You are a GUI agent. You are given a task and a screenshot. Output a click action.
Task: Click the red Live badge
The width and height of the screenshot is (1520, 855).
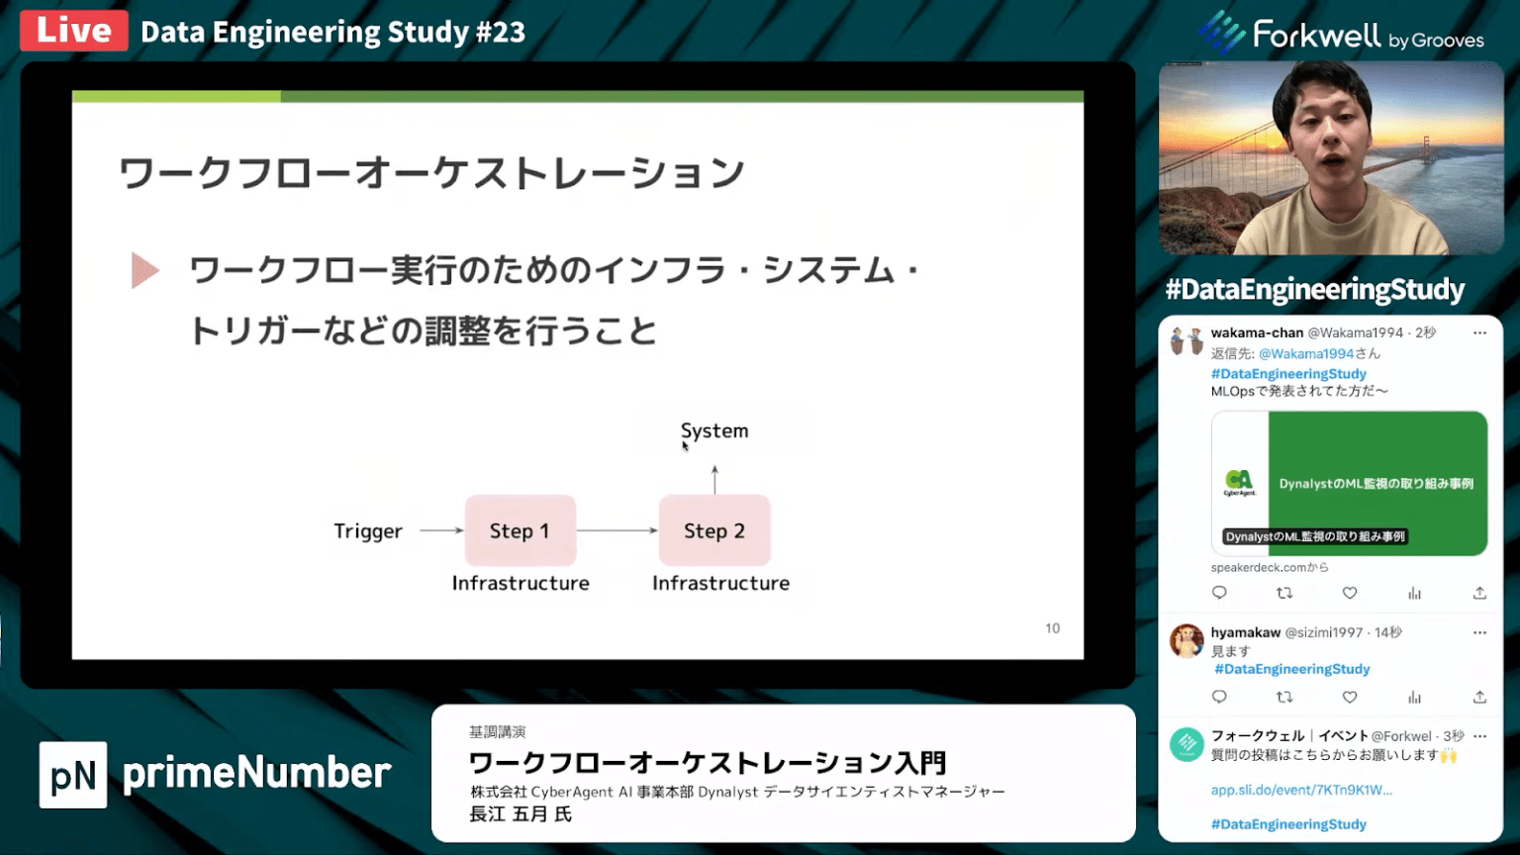pyautogui.click(x=74, y=31)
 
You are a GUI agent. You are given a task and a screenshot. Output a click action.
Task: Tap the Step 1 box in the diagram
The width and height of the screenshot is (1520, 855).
pyautogui.click(x=520, y=530)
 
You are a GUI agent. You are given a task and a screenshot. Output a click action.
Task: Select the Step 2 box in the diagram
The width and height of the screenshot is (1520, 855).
pyautogui.click(x=714, y=530)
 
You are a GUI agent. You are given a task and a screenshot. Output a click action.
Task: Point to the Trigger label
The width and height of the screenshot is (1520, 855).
pyautogui.click(x=368, y=531)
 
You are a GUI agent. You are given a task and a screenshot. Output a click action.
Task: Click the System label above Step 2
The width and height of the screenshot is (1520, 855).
pyautogui.click(x=714, y=431)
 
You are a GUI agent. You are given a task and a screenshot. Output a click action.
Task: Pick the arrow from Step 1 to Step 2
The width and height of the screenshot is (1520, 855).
pyautogui.click(x=617, y=530)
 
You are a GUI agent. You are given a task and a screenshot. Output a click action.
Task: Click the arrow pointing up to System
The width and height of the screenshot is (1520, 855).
pyautogui.click(x=714, y=479)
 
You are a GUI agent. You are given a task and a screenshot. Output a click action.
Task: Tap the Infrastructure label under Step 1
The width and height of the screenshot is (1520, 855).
pyautogui.click(x=521, y=584)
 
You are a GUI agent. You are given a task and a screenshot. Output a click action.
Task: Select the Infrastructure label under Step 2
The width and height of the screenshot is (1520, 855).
pyautogui.click(x=720, y=584)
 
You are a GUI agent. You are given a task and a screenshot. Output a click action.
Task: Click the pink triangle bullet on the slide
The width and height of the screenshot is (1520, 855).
pyautogui.click(x=144, y=270)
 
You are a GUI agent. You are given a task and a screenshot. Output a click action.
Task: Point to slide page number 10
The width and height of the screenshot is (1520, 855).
pyautogui.click(x=1052, y=628)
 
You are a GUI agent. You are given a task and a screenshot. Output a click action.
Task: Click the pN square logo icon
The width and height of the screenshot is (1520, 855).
pyautogui.click(x=73, y=775)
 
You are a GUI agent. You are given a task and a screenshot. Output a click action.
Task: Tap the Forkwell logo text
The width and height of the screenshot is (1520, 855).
pyautogui.click(x=1316, y=36)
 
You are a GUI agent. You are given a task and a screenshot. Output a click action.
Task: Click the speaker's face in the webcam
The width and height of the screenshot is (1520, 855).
pyautogui.click(x=1327, y=139)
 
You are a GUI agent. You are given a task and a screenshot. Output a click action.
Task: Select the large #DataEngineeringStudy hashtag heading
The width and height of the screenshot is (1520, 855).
pyautogui.click(x=1314, y=290)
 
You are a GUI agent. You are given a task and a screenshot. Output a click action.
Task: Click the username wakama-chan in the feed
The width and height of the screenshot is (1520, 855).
pyautogui.click(x=1257, y=332)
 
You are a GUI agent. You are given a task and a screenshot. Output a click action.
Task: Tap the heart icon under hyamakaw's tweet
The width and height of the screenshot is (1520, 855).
pyautogui.click(x=1349, y=697)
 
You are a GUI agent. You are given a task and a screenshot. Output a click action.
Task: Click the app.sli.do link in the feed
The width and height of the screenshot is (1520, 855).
pyautogui.click(x=1301, y=790)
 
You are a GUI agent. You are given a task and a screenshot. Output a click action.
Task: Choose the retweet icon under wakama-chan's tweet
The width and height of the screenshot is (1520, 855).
pyautogui.click(x=1284, y=593)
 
